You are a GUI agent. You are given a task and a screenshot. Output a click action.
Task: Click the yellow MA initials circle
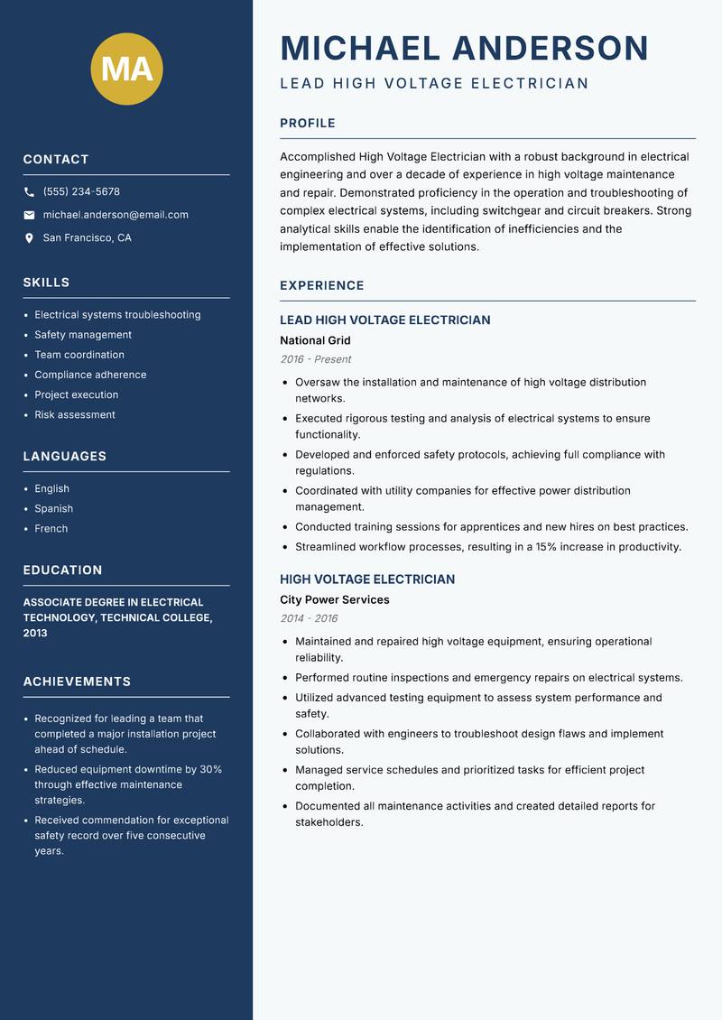click(127, 69)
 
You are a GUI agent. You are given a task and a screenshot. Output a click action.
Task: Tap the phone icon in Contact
click(29, 192)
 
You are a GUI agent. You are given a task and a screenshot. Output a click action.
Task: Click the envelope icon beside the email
click(29, 215)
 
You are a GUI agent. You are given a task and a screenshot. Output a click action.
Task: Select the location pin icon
click(29, 238)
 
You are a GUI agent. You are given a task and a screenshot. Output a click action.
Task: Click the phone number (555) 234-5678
click(81, 192)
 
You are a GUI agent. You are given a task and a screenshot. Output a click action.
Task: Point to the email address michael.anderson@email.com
click(116, 215)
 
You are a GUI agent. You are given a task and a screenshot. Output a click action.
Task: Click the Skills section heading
click(46, 283)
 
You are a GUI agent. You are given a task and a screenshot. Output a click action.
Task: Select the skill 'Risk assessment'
click(75, 415)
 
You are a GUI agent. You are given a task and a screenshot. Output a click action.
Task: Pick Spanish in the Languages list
click(54, 509)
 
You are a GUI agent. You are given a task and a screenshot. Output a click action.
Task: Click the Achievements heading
click(77, 682)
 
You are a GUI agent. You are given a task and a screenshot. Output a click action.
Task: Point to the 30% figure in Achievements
click(210, 769)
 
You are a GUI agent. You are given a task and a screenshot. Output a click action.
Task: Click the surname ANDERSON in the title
click(551, 49)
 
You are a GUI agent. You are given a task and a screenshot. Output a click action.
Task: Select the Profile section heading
click(308, 124)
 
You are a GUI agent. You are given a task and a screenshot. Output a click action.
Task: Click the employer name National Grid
click(315, 341)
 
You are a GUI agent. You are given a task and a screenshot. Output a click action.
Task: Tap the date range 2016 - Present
click(316, 359)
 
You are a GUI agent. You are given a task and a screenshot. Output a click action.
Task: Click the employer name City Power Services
click(335, 600)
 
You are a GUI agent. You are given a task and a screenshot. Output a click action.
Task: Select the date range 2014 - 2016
click(309, 618)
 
